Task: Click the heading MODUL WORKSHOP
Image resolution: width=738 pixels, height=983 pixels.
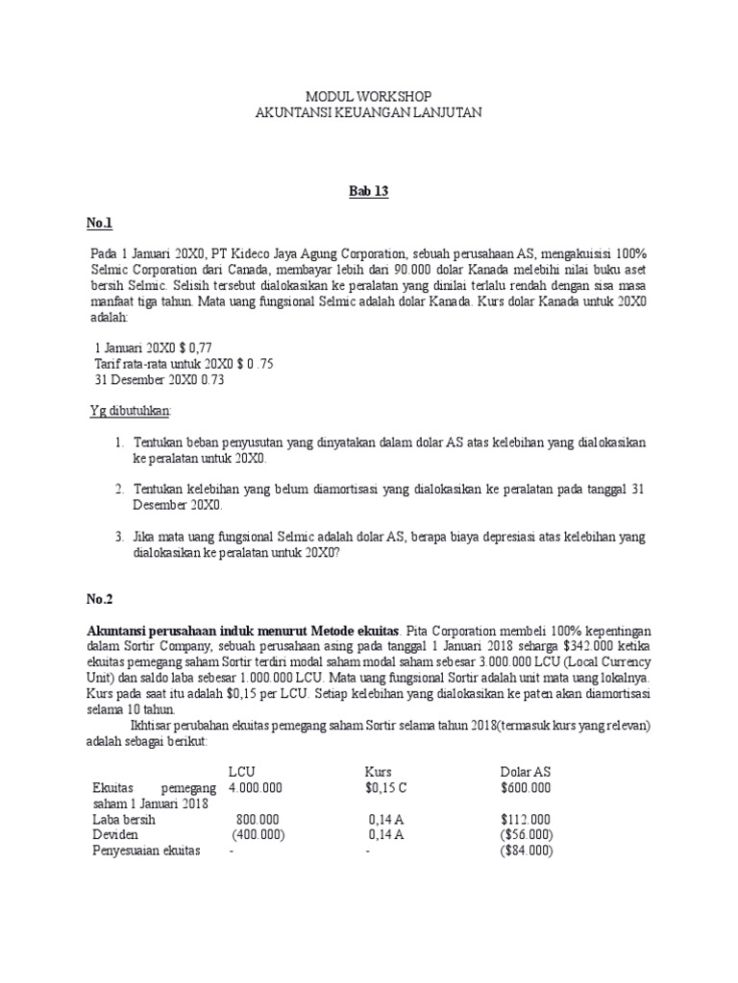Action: (368, 97)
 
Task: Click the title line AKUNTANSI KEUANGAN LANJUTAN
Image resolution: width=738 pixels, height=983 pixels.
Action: (368, 112)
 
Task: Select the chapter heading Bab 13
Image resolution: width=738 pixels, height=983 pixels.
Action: (368, 192)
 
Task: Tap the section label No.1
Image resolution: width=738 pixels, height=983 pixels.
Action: (100, 223)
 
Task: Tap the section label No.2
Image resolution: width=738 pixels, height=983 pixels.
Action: (100, 599)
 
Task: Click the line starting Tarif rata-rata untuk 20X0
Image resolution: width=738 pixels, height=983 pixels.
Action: (169, 364)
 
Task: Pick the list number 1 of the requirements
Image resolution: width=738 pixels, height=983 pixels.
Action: (118, 443)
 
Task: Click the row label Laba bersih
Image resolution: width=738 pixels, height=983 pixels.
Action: (124, 820)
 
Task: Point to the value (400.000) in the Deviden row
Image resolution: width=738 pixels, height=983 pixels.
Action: (258, 835)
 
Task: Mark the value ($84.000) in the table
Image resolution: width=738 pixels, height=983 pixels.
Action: (527, 851)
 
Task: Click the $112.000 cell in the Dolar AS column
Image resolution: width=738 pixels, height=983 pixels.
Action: (526, 820)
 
